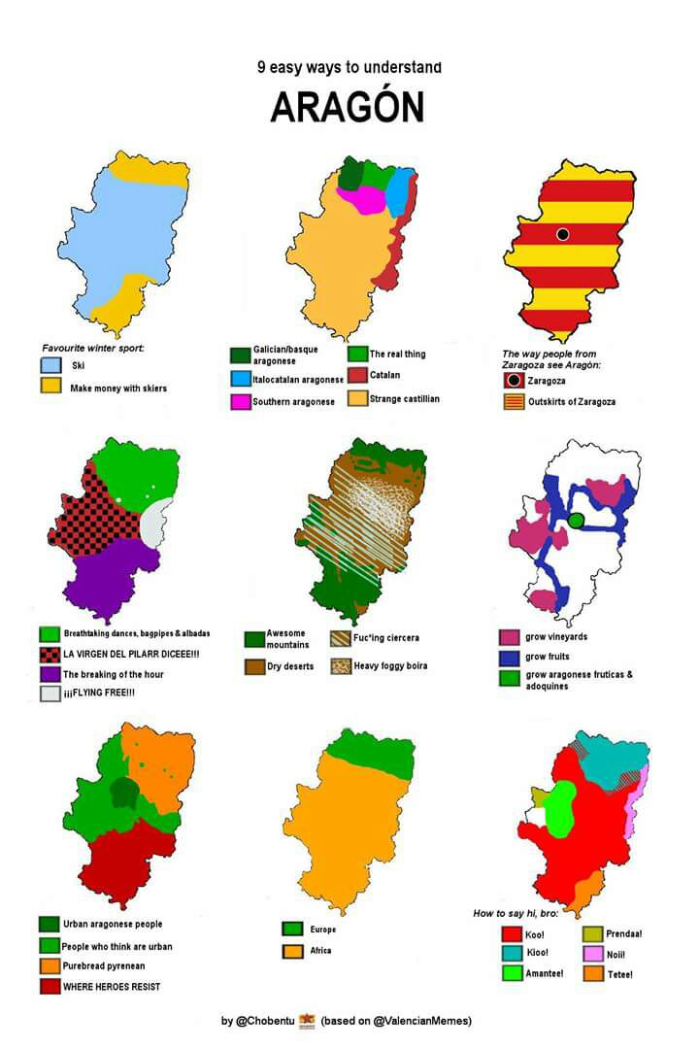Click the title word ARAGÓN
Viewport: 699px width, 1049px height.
click(x=347, y=107)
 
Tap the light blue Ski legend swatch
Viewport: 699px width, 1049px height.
click(x=50, y=366)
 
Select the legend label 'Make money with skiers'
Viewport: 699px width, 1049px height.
click(x=117, y=388)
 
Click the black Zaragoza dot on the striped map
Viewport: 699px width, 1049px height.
click(x=562, y=234)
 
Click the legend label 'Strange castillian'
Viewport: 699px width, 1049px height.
click(x=404, y=398)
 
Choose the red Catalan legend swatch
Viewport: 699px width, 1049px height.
click(x=356, y=375)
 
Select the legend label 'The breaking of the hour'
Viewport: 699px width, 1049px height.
click(x=114, y=673)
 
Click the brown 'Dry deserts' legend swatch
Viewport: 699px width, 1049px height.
click(x=254, y=666)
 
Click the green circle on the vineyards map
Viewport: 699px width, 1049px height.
click(x=577, y=521)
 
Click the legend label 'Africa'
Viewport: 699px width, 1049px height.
click(x=321, y=950)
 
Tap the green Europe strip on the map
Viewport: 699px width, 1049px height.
click(x=369, y=753)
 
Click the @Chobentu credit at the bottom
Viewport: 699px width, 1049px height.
click(x=265, y=1021)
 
